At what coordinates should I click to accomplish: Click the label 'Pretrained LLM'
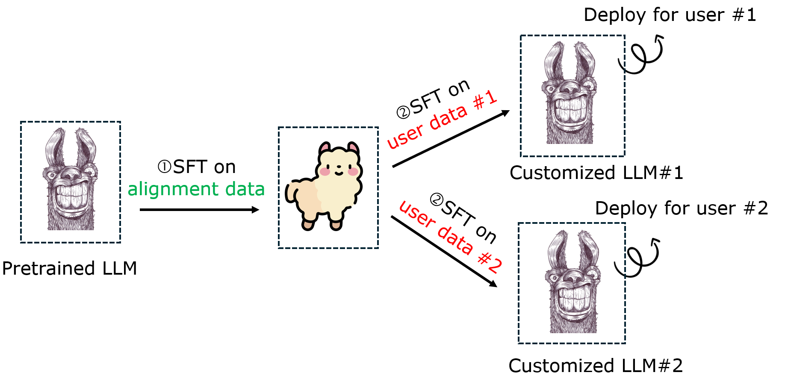(x=69, y=269)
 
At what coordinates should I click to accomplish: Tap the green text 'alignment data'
(x=196, y=189)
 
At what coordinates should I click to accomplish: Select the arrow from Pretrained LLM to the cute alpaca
(x=199, y=210)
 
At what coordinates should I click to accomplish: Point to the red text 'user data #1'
(x=442, y=120)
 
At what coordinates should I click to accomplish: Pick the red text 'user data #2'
(x=451, y=237)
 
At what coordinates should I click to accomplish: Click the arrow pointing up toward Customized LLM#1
(x=451, y=139)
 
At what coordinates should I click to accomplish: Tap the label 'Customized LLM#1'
(x=596, y=173)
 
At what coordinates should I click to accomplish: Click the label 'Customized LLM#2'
(x=596, y=366)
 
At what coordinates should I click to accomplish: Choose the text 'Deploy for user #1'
(x=670, y=15)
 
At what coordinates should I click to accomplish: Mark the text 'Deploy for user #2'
(x=682, y=208)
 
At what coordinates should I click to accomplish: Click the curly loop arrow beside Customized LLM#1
(x=641, y=55)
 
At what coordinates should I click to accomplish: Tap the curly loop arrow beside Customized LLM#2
(x=637, y=257)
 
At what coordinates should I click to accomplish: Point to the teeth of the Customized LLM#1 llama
(x=570, y=110)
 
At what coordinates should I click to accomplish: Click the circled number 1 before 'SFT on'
(x=165, y=167)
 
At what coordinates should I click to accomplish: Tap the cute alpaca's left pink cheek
(x=325, y=172)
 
